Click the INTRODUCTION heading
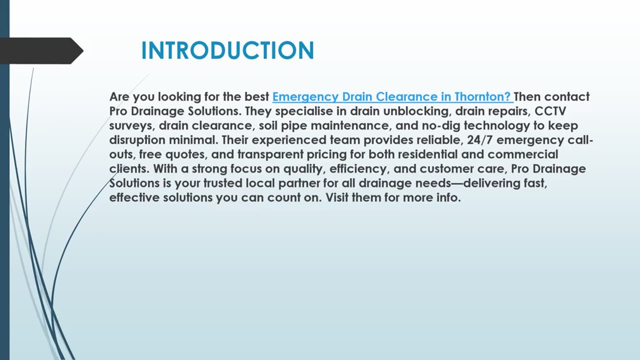[x=227, y=51]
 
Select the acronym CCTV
[x=550, y=111]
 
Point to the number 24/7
[x=480, y=140]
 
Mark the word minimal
[x=192, y=140]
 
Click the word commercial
[x=523, y=154]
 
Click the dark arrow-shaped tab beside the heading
[x=40, y=50]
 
